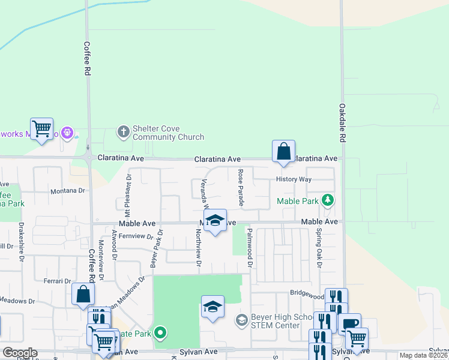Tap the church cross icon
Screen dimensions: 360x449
[124, 132]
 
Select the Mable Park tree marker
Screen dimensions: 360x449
[327, 199]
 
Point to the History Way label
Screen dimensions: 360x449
[294, 179]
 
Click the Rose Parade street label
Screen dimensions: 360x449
[241, 188]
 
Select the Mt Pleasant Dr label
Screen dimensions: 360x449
[128, 196]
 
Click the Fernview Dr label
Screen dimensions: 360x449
[136, 236]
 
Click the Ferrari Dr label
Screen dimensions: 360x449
[57, 281]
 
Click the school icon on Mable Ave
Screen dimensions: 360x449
[215, 220]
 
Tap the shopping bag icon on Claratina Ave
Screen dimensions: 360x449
[283, 151]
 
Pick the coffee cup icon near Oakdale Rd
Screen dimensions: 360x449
[350, 323]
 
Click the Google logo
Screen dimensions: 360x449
[20, 353]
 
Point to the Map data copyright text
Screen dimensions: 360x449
[424, 355]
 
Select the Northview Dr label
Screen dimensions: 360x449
[199, 249]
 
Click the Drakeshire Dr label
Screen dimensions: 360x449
[21, 242]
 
